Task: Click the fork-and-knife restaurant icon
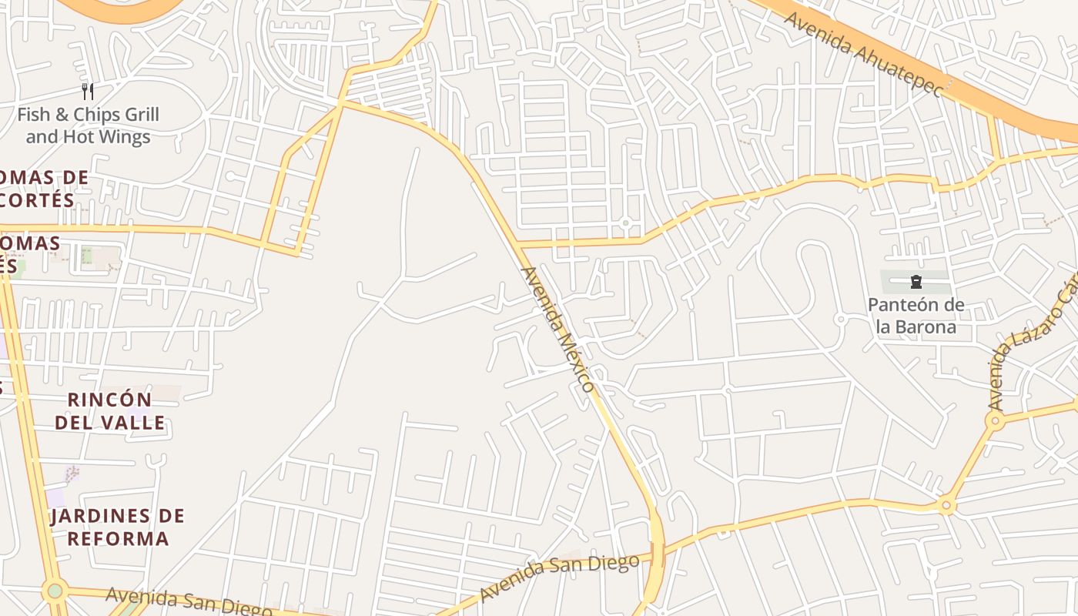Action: click(x=88, y=92)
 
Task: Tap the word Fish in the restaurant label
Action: click(x=34, y=115)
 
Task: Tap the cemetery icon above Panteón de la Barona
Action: click(x=916, y=282)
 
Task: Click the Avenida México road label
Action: click(x=558, y=330)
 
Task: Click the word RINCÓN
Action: click(x=109, y=400)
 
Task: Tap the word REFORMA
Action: click(x=118, y=537)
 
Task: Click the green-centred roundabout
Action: click(x=55, y=591)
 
